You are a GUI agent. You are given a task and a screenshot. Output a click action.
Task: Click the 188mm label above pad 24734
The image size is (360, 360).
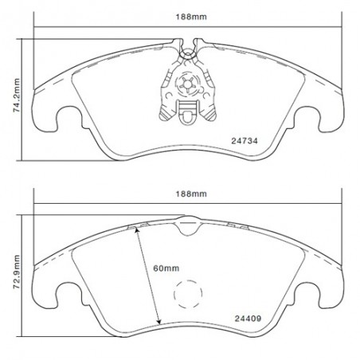(191, 17)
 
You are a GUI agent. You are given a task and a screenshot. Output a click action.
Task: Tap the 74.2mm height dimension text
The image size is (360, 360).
(17, 96)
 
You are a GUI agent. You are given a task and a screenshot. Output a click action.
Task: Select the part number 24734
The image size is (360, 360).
(245, 141)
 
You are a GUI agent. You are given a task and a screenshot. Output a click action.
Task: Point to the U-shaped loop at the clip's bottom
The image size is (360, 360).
(188, 118)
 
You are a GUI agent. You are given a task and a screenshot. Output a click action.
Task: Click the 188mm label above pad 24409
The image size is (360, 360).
(191, 194)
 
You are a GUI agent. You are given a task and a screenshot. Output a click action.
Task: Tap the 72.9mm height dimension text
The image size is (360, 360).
(17, 272)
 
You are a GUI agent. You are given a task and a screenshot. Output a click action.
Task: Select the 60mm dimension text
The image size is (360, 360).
(166, 268)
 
